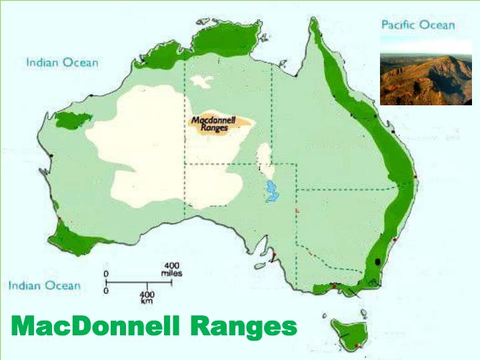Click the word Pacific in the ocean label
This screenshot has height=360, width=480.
(398, 25)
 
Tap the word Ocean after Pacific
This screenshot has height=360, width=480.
(437, 25)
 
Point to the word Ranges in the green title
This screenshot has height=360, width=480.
(243, 327)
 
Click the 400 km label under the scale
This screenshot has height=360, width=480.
(147, 297)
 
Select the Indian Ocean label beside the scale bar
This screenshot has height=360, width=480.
(44, 286)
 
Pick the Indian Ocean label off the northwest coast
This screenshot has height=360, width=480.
(62, 63)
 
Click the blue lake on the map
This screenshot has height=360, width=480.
(271, 191)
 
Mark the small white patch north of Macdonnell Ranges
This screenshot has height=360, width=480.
(199, 81)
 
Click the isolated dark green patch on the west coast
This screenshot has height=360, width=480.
(73, 121)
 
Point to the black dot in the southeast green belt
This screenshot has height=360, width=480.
(379, 262)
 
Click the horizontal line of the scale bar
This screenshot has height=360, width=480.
(139, 283)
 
